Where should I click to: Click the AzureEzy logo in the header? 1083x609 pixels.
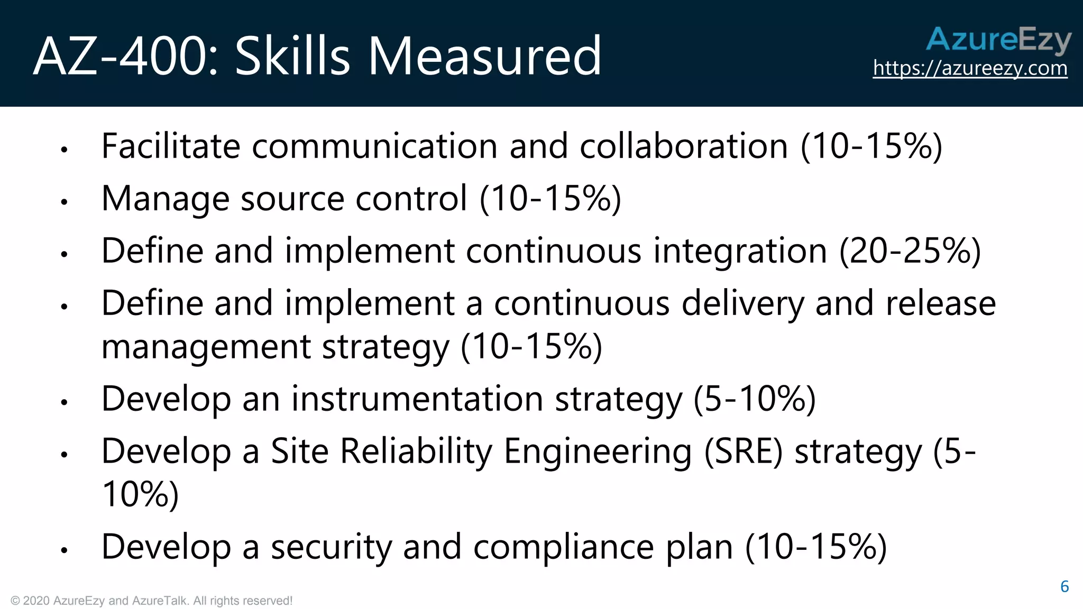pos(998,40)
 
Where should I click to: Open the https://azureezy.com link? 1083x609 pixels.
pos(970,68)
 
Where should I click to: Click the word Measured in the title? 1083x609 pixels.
pos(484,56)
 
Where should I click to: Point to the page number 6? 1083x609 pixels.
pos(1064,586)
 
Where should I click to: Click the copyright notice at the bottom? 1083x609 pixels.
pos(151,601)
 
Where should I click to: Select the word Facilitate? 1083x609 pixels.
pos(171,146)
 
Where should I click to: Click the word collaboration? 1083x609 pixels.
pos(684,146)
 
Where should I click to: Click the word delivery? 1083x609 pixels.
pos(742,303)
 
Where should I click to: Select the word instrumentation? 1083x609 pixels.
pos(417,399)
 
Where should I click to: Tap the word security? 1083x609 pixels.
pos(331,547)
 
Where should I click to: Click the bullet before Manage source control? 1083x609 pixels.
pos(65,201)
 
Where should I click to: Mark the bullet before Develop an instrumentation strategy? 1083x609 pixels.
pos(65,402)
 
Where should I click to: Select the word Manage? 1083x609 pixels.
pos(165,199)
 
